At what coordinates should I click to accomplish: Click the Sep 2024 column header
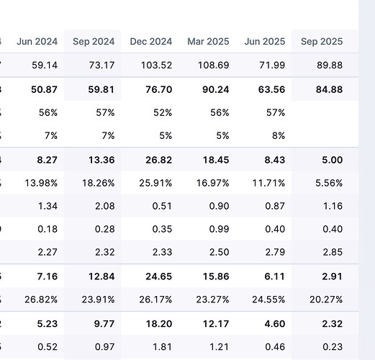click(x=94, y=41)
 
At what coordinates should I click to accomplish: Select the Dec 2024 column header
click(x=151, y=41)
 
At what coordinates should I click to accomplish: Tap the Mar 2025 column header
click(x=208, y=41)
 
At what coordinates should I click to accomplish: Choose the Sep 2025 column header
click(x=321, y=41)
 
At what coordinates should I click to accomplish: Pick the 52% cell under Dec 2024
click(x=162, y=112)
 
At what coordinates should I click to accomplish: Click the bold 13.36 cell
click(x=101, y=159)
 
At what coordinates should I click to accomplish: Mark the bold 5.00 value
click(x=331, y=159)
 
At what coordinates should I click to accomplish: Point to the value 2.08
click(x=104, y=206)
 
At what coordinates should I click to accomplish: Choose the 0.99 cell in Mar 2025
click(x=219, y=229)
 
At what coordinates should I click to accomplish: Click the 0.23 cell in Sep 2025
click(x=332, y=346)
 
